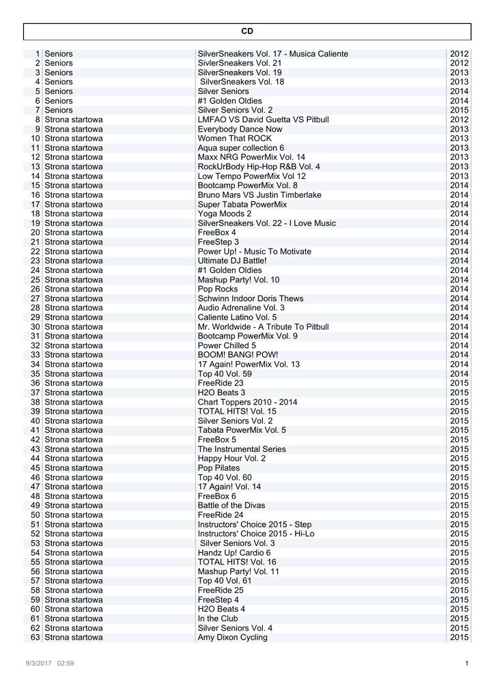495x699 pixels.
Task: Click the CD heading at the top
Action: point(247,31)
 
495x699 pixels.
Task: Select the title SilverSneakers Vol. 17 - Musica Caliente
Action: point(272,54)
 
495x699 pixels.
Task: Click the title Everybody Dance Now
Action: point(240,129)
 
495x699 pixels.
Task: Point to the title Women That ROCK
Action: point(234,139)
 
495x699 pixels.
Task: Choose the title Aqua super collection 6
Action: point(240,148)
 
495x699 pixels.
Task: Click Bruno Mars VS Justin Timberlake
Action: point(259,195)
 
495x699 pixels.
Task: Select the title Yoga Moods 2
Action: point(225,214)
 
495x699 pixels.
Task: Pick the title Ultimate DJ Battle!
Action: point(232,261)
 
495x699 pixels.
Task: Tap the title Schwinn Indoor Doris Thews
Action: point(251,298)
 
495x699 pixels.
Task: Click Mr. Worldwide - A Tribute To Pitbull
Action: point(263,327)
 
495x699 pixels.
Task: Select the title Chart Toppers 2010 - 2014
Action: point(247,402)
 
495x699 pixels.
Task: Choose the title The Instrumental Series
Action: point(242,449)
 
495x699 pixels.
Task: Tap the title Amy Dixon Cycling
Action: point(232,638)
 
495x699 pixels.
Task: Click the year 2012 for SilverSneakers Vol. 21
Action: point(459,63)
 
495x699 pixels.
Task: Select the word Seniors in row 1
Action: point(59,54)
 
